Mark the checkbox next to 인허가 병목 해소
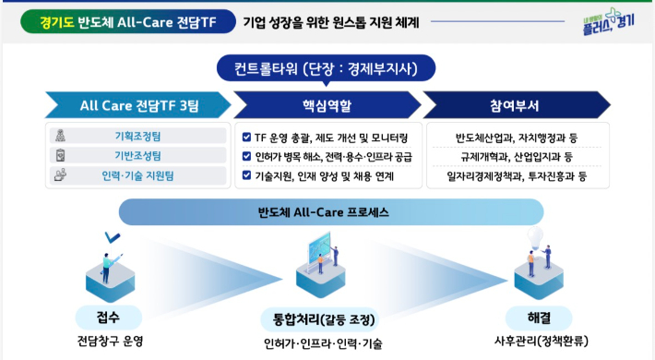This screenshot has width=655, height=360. point(246,156)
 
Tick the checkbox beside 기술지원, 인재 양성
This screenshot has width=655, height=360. point(246,174)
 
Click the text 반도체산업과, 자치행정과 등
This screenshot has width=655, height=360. point(521,138)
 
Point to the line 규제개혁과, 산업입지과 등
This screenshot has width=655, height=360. point(521,157)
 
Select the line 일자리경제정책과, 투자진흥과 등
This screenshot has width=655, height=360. point(521,175)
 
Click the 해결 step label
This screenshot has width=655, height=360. point(539,317)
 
